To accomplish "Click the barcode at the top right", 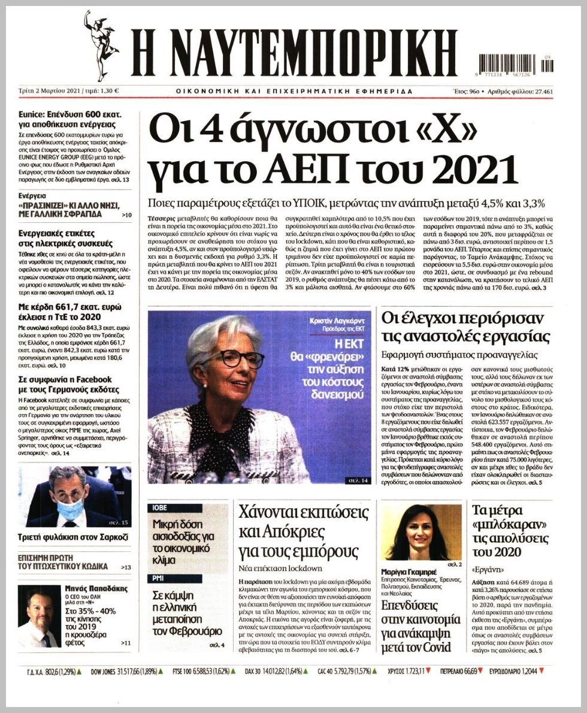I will (x=516, y=63).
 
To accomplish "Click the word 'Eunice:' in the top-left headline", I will (x=32, y=113).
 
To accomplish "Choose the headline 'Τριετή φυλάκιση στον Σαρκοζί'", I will (x=73, y=537).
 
